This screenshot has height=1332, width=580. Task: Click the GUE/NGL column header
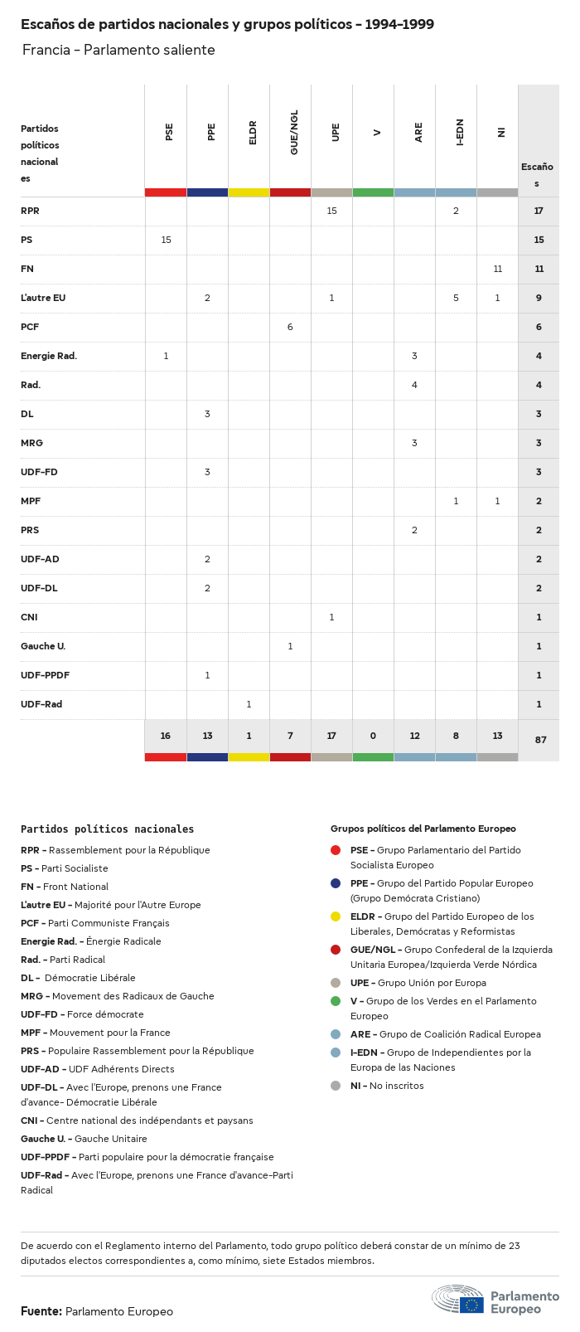294,133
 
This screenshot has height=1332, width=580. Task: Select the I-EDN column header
460,133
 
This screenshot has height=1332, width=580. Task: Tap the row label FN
27,269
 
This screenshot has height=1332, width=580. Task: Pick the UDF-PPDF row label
45,675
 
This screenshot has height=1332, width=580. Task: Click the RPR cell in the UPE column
331,211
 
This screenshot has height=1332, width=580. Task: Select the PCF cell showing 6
290,327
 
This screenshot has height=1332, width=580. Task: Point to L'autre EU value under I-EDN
456,298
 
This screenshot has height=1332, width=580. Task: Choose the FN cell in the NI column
497,269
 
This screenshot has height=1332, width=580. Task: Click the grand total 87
540,739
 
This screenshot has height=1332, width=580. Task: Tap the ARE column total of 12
414,736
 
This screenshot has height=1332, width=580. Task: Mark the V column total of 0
373,736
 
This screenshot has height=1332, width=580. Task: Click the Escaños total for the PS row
539,240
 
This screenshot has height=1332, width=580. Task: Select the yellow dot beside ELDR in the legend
336,916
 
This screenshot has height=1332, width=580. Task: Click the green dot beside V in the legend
336,1001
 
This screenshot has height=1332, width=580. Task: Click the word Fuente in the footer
41,1311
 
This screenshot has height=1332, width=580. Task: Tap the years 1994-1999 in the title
399,24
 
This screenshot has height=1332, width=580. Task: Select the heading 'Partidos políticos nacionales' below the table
107,829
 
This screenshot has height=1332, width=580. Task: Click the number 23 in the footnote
514,1246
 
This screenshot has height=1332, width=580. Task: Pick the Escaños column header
537,174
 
